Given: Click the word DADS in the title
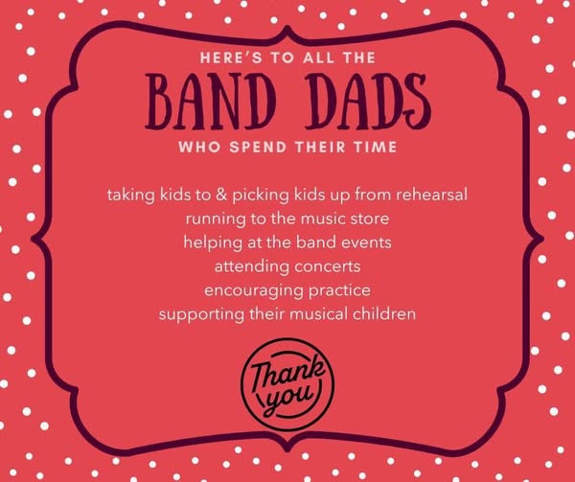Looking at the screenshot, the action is tap(368, 102).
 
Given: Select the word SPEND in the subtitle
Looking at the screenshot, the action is tap(258, 147).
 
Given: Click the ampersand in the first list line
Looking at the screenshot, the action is tap(221, 195).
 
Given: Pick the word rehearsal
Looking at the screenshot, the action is tap(431, 195).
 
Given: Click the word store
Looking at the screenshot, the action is tap(370, 218).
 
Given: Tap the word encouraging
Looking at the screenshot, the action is tap(254, 291).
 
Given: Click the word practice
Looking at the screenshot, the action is tap(339, 291).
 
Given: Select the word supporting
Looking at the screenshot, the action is tap(201, 315).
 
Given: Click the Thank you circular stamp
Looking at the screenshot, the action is tap(287, 384).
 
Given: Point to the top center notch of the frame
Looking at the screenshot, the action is tap(287, 28).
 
